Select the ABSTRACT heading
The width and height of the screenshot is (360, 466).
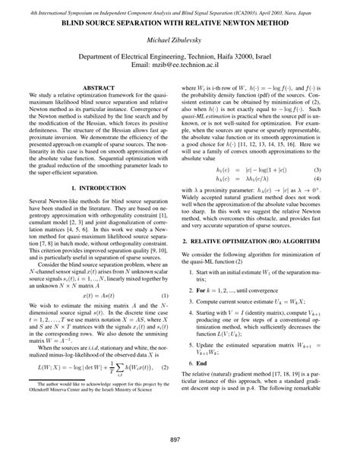(x=97, y=88)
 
